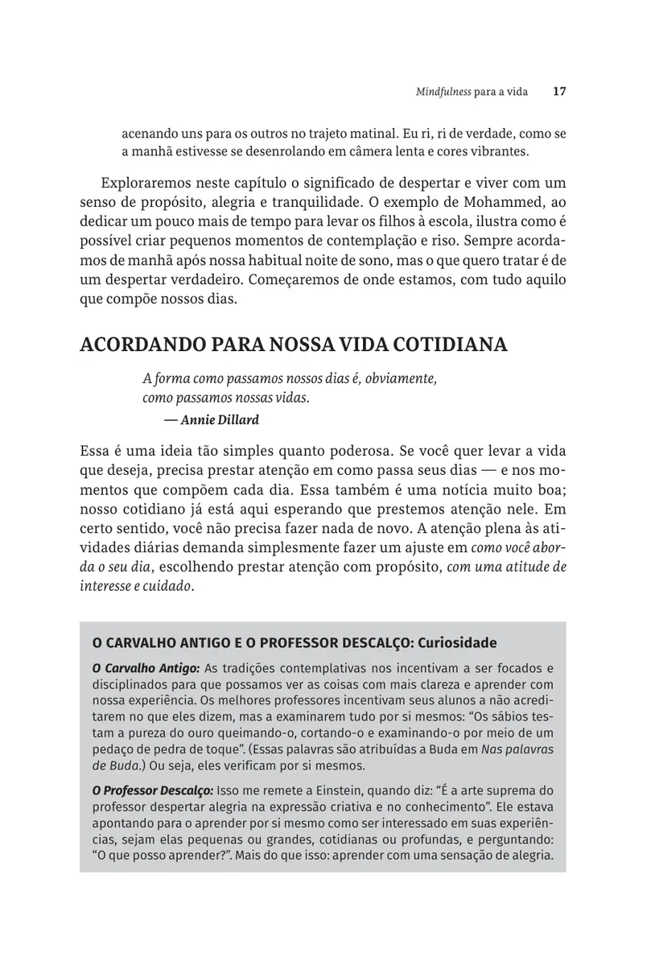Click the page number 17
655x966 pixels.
[560, 92]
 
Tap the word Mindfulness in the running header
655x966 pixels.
[443, 92]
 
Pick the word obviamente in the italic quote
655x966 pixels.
[401, 379]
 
